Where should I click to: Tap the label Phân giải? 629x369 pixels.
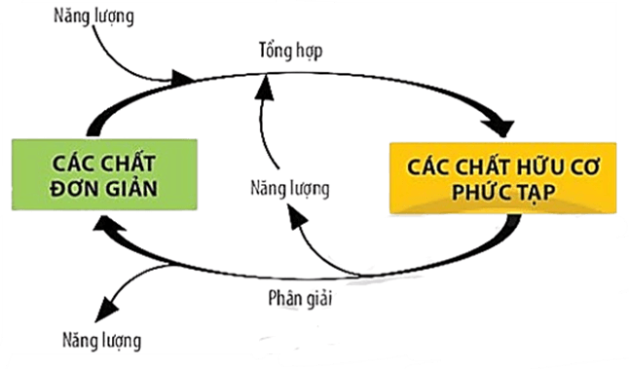point(301,298)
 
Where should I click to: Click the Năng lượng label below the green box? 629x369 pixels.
point(97,342)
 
